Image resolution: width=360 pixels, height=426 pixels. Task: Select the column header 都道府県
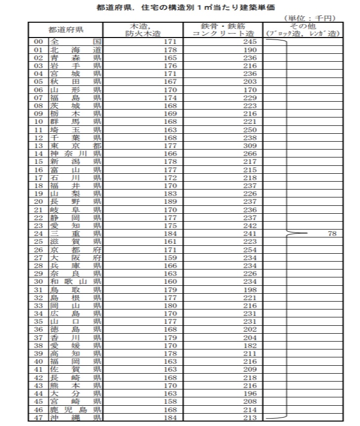(x=66, y=30)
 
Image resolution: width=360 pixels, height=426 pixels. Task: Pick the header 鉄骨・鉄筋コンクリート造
(x=223, y=30)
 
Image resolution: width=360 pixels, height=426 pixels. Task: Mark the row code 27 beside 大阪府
(x=39, y=257)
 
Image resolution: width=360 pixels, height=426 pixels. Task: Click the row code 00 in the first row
(x=39, y=42)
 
